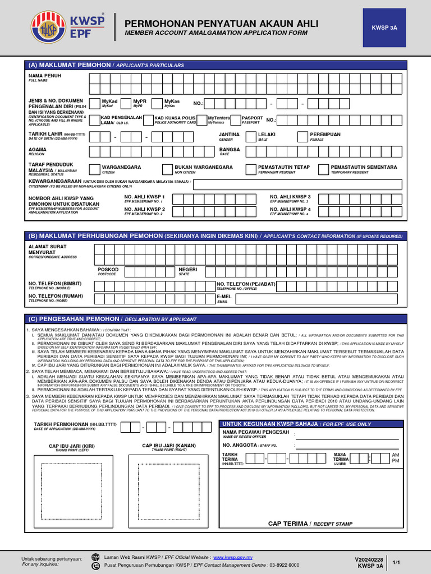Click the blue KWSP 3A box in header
[x=384, y=27]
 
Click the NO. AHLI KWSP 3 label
[x=290, y=197]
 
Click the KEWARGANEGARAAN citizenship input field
[x=297, y=185]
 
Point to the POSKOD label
[x=108, y=269]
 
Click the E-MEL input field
[x=319, y=299]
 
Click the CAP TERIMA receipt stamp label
[x=310, y=523]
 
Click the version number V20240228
[x=369, y=559]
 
